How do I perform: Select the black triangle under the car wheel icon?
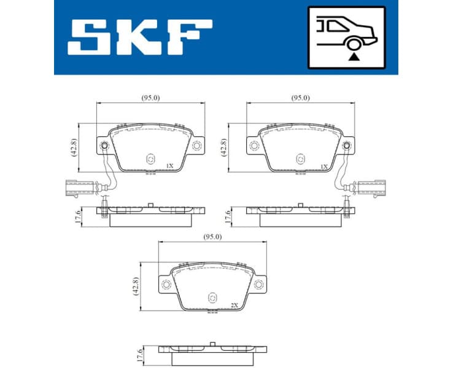pyautogui.click(x=353, y=56)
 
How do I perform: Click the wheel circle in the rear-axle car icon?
pyautogui.click(x=353, y=43)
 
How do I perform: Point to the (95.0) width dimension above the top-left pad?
pyautogui.click(x=151, y=98)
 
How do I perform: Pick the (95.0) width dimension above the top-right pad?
pyautogui.click(x=300, y=98)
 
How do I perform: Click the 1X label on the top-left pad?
pyautogui.click(x=170, y=166)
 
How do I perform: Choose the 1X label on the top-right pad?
pyautogui.click(x=323, y=166)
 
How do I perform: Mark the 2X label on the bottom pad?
pyautogui.click(x=233, y=305)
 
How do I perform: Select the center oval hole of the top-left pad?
pyautogui.click(x=150, y=159)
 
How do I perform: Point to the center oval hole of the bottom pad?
pyautogui.click(x=212, y=297)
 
